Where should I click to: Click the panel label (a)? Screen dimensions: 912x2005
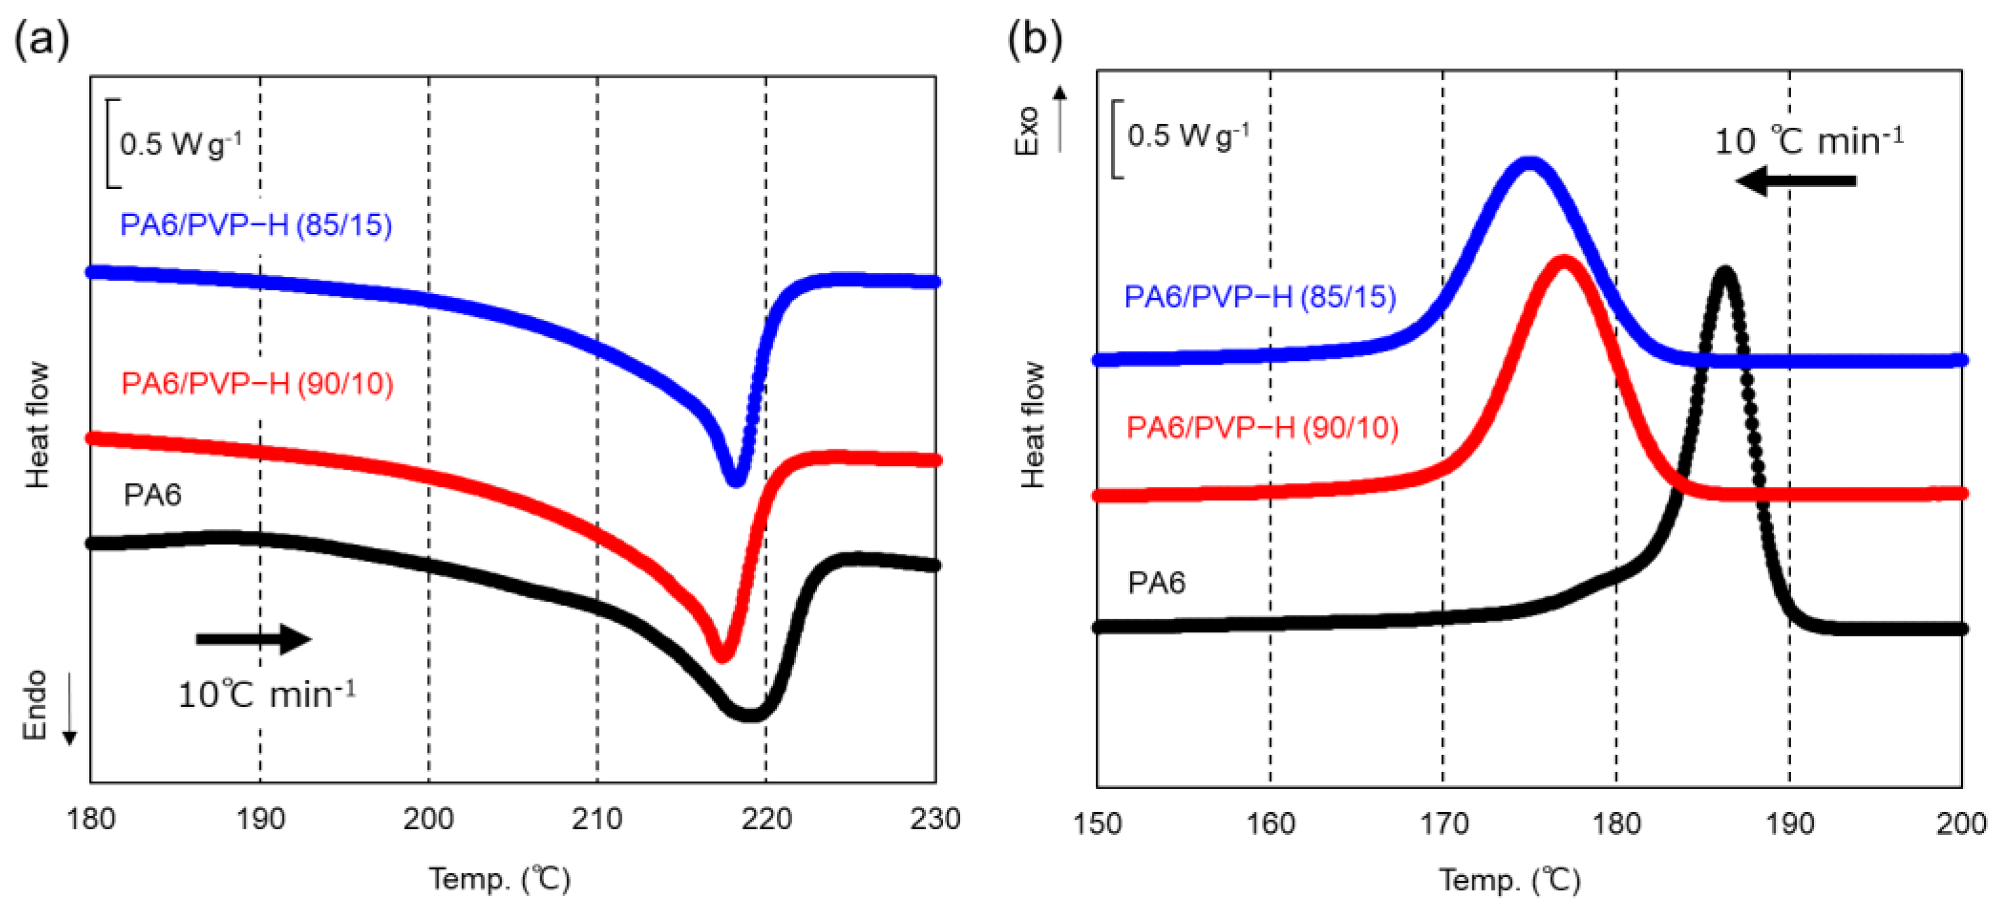tap(41, 39)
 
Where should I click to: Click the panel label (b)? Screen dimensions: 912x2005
tap(1035, 39)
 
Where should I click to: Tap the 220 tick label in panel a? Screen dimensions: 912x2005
tap(766, 819)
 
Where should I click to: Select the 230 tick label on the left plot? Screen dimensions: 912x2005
tap(934, 819)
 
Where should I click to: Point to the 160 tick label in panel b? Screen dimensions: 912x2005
tap(1270, 824)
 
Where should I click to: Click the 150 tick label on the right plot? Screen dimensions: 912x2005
tap(1098, 824)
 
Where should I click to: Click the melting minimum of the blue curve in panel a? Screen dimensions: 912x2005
tap(735, 482)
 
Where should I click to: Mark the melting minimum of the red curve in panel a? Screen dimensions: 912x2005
tap(722, 656)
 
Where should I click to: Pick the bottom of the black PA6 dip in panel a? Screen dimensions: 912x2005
tap(749, 714)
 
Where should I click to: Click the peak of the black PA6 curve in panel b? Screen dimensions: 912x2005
tap(1726, 272)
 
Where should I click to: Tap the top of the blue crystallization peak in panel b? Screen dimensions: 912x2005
tap(1530, 164)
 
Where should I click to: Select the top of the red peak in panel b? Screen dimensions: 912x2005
tap(1563, 262)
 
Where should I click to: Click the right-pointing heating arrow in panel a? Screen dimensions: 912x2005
tap(254, 639)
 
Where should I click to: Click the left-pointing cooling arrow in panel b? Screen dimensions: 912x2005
tap(1796, 181)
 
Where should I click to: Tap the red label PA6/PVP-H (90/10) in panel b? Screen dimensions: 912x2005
tap(1262, 428)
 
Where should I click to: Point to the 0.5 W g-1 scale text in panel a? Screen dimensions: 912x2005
tap(181, 144)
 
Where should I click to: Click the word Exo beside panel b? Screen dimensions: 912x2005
tap(1028, 130)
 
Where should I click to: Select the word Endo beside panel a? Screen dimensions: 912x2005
tap(35, 705)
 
